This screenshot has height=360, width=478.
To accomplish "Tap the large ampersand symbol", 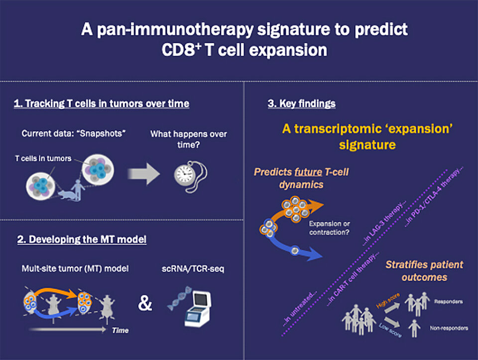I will pos(145,303).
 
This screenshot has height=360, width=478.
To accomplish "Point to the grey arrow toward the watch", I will pos(144,174).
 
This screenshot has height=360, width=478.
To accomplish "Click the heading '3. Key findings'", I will pos(301,104).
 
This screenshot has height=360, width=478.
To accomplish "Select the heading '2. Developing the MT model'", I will pos(82,239).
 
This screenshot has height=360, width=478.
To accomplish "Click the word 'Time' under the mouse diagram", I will pos(120,330).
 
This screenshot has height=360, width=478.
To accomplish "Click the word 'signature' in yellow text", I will pos(367,145).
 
